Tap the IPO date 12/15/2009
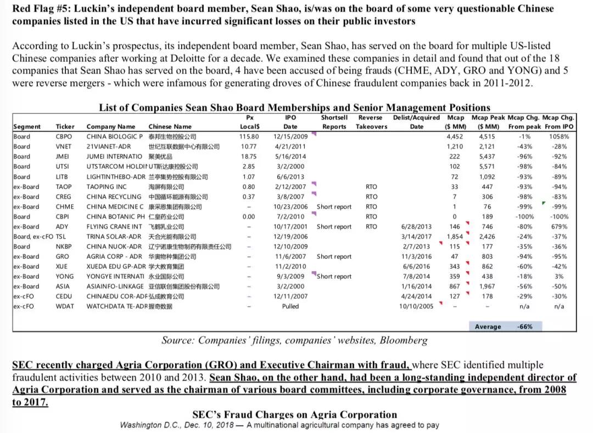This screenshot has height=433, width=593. coord(290,137)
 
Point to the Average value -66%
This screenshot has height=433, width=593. coord(525,327)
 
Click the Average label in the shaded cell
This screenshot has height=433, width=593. coord(488,327)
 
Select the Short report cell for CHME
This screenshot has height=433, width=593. coord(334,207)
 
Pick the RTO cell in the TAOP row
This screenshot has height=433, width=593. coord(371,187)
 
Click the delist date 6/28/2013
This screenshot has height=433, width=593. coord(417,227)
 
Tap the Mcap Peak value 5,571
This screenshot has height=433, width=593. coord(487,167)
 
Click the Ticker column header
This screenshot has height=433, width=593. coord(65,127)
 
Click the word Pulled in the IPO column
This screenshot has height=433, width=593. coord(290,306)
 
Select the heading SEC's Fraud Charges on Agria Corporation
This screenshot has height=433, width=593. coord(294,414)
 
